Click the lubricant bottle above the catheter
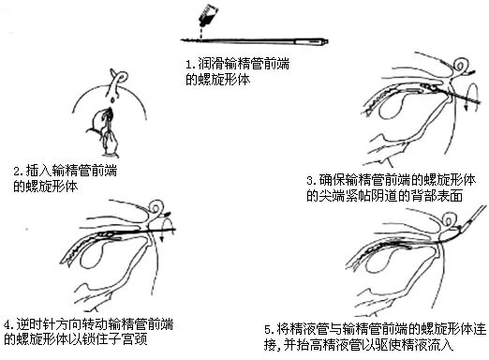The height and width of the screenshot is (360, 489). click(208, 16)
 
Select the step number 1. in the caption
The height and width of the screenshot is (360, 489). click(190, 65)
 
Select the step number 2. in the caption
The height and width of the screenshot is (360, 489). click(18, 172)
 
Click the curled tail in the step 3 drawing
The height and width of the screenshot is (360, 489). click(460, 66)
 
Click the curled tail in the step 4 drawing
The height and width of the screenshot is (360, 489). click(156, 208)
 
